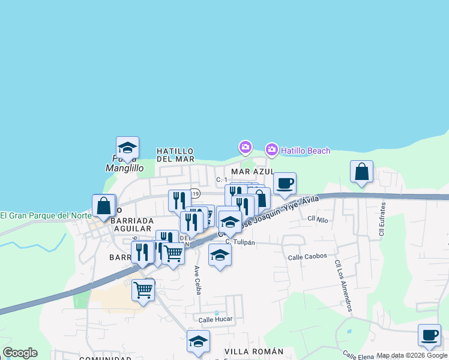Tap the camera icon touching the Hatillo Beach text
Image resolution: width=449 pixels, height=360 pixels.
tap(271, 149)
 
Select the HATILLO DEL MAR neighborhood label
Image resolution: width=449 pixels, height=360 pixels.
tap(175, 155)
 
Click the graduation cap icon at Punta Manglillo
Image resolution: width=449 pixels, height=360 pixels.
tap(127, 148)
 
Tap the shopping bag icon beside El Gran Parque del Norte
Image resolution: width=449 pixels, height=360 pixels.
tap(104, 206)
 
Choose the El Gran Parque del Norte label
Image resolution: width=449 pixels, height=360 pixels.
tap(45, 215)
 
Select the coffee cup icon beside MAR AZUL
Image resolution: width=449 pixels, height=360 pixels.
tap(285, 183)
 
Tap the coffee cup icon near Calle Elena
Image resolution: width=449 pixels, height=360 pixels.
tap(429, 335)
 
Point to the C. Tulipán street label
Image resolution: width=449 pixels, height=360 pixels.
tap(241, 242)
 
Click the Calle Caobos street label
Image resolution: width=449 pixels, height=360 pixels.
tap(307, 256)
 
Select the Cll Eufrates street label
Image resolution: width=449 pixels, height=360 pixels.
tap(382, 218)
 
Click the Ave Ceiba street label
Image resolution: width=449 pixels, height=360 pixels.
tap(196, 280)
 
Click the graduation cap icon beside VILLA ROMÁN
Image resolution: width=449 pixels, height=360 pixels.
tap(198, 341)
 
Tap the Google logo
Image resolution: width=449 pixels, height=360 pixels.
tap(20, 353)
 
